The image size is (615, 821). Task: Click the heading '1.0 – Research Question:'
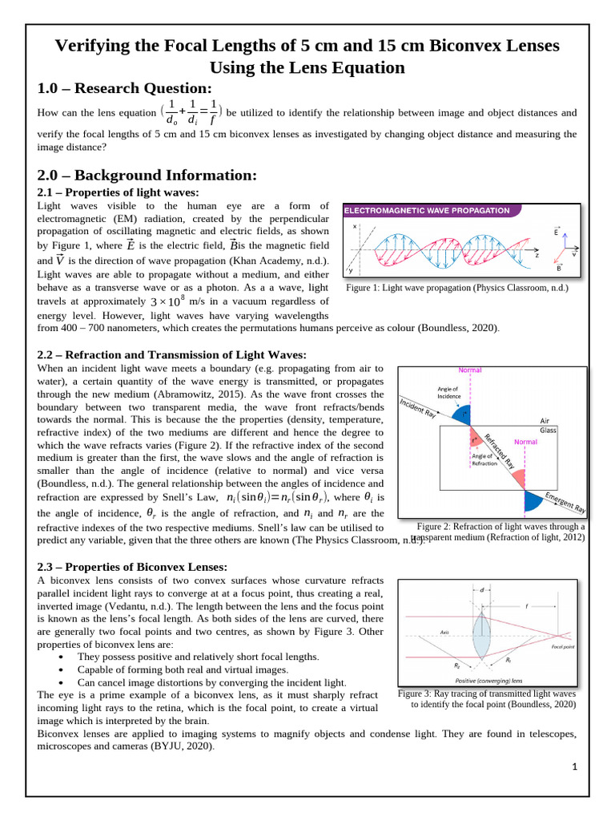(x=124, y=88)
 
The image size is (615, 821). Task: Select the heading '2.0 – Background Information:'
(x=147, y=175)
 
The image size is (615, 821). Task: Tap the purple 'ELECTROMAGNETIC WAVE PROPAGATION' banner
(x=427, y=211)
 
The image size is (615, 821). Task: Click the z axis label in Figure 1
(x=537, y=254)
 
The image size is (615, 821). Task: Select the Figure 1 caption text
(x=456, y=288)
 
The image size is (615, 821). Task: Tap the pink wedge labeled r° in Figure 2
(x=477, y=439)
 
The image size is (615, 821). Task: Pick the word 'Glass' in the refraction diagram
(x=548, y=430)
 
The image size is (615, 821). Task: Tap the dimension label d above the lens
(x=481, y=590)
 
